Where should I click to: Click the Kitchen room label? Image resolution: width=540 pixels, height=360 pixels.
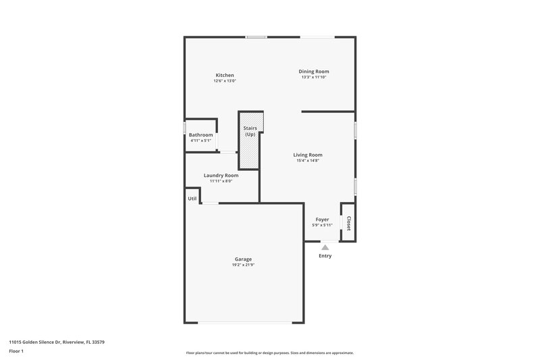pyautogui.click(x=224, y=75)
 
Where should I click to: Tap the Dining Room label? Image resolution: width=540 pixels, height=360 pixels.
pyautogui.click(x=315, y=71)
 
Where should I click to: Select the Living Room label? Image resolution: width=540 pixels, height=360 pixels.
pyautogui.click(x=307, y=155)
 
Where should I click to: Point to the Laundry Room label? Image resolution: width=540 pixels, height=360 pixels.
pyautogui.click(x=221, y=175)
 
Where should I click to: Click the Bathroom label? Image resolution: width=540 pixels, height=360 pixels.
pyautogui.click(x=200, y=135)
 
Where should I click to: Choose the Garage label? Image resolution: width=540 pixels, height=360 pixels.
pyautogui.click(x=243, y=259)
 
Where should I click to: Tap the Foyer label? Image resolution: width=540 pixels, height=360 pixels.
pyautogui.click(x=322, y=220)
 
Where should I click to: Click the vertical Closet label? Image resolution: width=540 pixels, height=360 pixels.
pyautogui.click(x=348, y=223)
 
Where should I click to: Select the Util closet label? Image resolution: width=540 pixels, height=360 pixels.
pyautogui.click(x=192, y=199)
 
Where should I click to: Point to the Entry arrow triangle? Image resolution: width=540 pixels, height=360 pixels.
pyautogui.click(x=325, y=248)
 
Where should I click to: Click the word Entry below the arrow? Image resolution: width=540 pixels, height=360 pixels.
pyautogui.click(x=325, y=256)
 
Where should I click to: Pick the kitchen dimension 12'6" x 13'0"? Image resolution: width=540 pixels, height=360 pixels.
pyautogui.click(x=224, y=81)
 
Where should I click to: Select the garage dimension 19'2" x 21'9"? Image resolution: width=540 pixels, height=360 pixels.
pyautogui.click(x=243, y=265)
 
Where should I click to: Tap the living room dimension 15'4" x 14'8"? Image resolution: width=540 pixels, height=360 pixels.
pyautogui.click(x=307, y=161)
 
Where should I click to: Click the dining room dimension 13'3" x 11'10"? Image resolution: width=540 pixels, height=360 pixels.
pyautogui.click(x=315, y=77)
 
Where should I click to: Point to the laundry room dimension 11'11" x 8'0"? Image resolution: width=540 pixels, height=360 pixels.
pyautogui.click(x=221, y=181)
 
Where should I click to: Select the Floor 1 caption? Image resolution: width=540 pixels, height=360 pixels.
pyautogui.click(x=16, y=352)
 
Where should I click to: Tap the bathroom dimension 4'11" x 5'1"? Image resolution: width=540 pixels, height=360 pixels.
pyautogui.click(x=200, y=141)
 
